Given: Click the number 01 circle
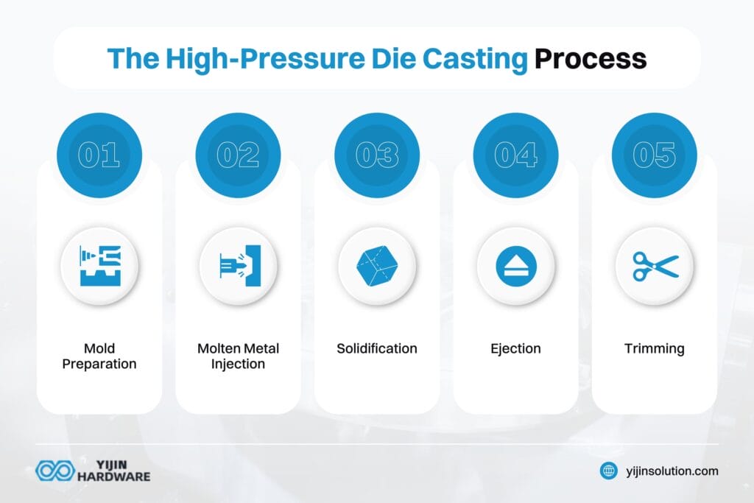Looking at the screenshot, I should (99, 155).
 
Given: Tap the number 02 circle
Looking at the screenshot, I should (238, 155).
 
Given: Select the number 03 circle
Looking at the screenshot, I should (377, 155).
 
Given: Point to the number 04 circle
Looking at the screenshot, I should (515, 155).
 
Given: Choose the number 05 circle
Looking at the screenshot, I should (654, 155).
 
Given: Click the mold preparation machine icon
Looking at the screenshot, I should (99, 266).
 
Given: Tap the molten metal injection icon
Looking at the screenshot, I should (238, 266).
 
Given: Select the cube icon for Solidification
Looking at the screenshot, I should (377, 266).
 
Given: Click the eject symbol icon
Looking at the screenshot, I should (515, 266).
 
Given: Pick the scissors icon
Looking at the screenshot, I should (654, 266).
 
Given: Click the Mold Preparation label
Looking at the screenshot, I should (99, 356).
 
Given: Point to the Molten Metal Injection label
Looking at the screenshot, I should (238, 356).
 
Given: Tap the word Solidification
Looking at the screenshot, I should (377, 348).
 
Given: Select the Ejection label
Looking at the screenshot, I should (515, 348).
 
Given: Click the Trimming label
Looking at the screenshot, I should (654, 348).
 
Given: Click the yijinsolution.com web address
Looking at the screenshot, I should (672, 471).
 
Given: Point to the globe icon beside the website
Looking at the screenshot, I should (609, 471).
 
